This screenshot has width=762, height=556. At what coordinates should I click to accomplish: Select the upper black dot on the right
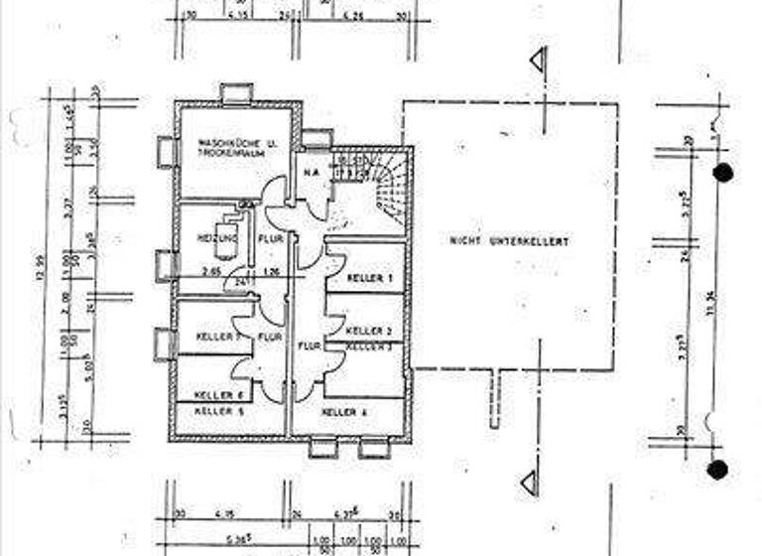pyautogui.click(x=723, y=173)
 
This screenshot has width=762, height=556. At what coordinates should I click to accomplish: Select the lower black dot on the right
pyautogui.click(x=717, y=469)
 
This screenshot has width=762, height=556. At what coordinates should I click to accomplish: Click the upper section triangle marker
pyautogui.click(x=538, y=61)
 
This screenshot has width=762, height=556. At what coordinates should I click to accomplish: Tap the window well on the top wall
pyautogui.click(x=237, y=93)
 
